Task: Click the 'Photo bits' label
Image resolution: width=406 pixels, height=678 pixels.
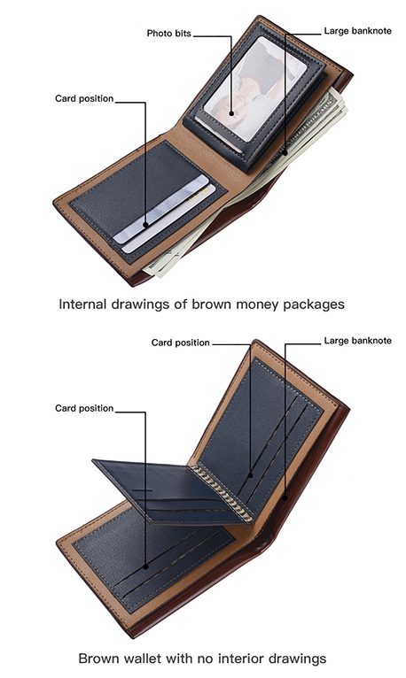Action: click(x=168, y=34)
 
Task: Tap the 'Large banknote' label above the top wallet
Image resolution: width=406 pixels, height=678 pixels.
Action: click(x=357, y=31)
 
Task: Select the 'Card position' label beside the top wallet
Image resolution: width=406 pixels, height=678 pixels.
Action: click(x=84, y=98)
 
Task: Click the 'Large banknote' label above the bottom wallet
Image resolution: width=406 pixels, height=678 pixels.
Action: click(x=357, y=341)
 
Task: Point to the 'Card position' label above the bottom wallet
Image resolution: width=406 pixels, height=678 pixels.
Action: click(x=181, y=343)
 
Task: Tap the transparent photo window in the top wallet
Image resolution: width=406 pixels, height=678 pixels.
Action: click(x=254, y=89)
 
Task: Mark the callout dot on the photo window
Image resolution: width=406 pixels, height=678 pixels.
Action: click(x=231, y=113)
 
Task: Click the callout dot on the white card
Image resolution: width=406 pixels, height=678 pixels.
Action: click(x=146, y=225)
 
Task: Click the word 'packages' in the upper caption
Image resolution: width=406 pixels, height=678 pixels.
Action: click(x=314, y=304)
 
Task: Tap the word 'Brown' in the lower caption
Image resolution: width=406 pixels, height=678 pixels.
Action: click(x=99, y=659)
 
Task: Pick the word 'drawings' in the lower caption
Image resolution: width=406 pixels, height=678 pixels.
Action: click(x=298, y=659)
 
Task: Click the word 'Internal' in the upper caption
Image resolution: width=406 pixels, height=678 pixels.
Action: click(x=82, y=304)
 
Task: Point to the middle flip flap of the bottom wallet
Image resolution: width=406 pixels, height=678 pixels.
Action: click(x=173, y=490)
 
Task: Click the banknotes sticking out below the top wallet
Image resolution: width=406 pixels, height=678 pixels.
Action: click(x=182, y=259)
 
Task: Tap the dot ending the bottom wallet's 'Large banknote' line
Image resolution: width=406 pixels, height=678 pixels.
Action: click(x=285, y=497)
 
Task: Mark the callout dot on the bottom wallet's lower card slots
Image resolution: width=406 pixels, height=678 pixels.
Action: click(x=146, y=566)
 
